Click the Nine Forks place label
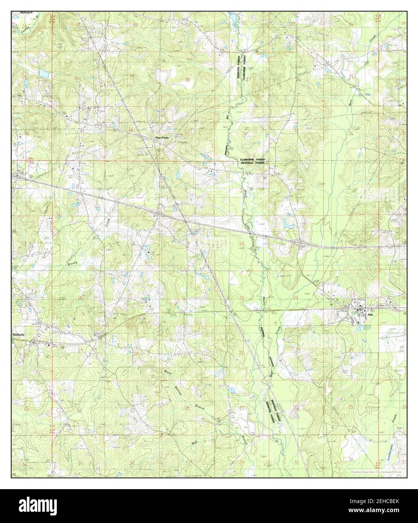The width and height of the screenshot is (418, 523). pos(162,138)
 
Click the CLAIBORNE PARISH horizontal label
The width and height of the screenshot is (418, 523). pos(252,160)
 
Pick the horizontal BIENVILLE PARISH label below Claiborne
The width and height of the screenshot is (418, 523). pos(252,164)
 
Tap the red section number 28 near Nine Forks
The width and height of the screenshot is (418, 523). pos(187,80)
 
